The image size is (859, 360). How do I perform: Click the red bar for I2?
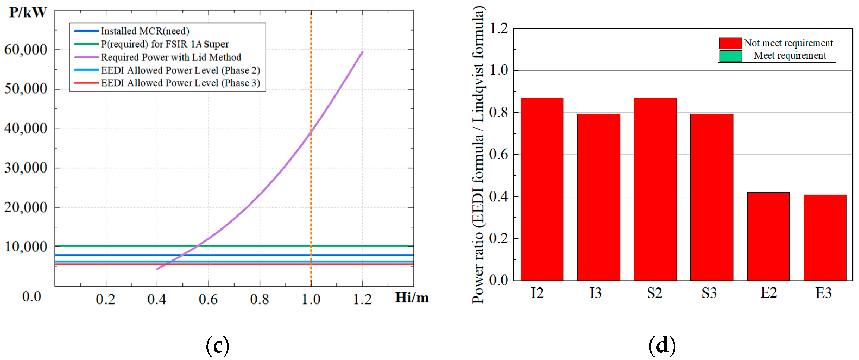(542, 189)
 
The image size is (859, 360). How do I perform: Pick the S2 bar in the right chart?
(655, 189)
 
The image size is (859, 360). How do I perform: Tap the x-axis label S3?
(709, 293)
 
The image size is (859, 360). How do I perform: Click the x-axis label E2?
(768, 293)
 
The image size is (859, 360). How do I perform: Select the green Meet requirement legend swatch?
(730, 56)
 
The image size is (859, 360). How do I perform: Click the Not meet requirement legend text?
(788, 43)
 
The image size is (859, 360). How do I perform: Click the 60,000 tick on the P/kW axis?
(26, 50)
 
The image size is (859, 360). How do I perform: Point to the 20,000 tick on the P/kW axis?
(26, 208)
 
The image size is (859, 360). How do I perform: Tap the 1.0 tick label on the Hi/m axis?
(311, 299)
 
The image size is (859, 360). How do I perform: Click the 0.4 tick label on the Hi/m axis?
(157, 299)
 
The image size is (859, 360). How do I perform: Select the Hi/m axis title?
(412, 297)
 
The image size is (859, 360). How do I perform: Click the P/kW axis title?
(28, 12)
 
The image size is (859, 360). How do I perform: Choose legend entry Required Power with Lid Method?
(171, 57)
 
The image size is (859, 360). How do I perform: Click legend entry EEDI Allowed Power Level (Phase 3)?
(180, 83)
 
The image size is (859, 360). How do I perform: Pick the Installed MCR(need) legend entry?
(145, 31)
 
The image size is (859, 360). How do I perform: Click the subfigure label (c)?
(217, 346)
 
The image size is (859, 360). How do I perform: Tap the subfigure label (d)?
(662, 346)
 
